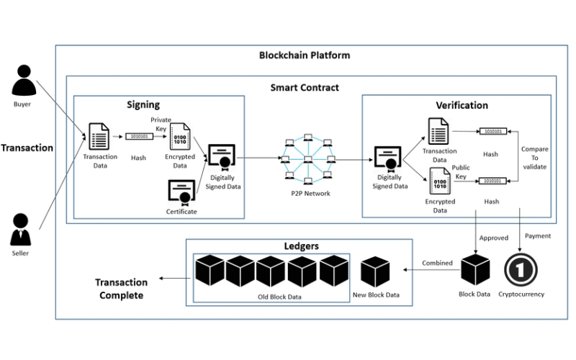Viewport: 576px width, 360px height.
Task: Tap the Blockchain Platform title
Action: tap(305, 55)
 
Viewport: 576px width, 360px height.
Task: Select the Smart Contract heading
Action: tap(305, 88)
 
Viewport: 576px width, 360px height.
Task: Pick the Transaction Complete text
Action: tap(122, 289)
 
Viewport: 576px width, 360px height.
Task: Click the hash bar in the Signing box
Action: tap(139, 135)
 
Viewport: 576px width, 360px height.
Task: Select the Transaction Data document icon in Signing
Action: tap(99, 136)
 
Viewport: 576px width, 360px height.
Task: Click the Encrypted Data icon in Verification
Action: tap(439, 179)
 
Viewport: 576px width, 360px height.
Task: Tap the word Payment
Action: tap(539, 236)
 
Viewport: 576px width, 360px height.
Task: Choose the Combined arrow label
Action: tap(437, 263)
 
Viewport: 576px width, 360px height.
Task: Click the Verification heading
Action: tap(462, 105)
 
